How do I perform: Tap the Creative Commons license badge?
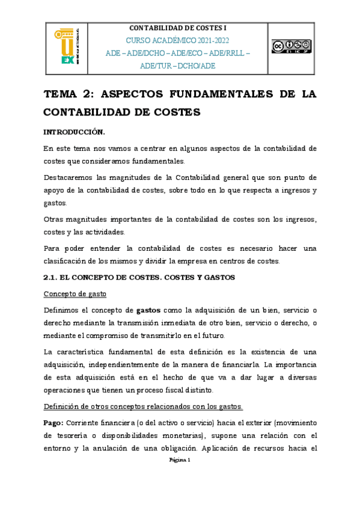coord(291,46)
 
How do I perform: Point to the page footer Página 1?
coord(180,460)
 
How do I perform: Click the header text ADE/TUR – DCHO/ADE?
coord(177,65)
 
